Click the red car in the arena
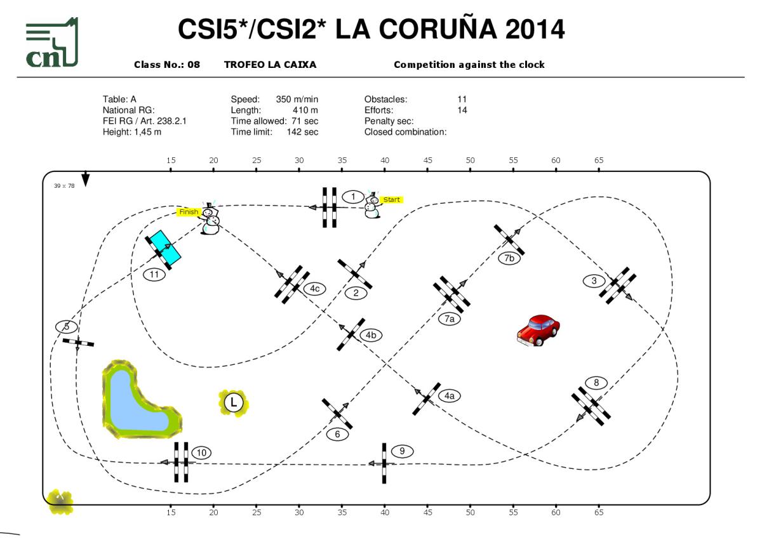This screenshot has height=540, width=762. pos(538,330)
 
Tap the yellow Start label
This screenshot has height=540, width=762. pos(391,199)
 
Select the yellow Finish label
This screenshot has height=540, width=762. pos(189,212)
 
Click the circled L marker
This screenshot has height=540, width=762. pos(234,402)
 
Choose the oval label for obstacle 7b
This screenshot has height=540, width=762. pos(509,258)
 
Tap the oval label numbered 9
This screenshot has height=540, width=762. pos(402,451)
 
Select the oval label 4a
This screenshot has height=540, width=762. pos(449,395)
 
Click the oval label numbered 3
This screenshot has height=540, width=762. pos(594,280)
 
